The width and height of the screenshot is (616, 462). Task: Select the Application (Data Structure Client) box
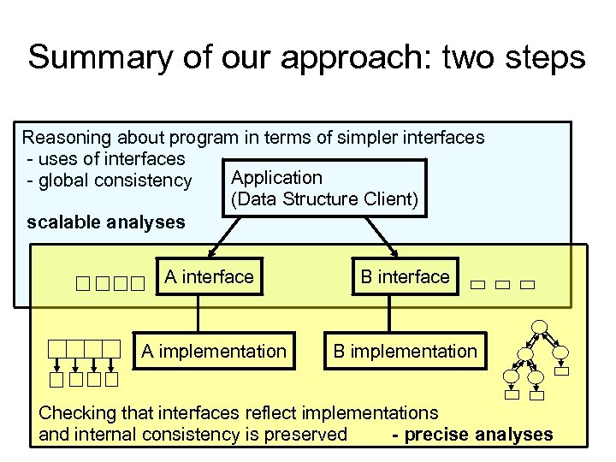[x=324, y=188]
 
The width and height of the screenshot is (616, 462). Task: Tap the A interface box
[x=210, y=277]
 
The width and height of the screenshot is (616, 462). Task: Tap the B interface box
[x=404, y=277]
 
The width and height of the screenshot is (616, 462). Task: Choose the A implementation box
[x=214, y=352]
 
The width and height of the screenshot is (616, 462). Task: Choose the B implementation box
[x=405, y=352]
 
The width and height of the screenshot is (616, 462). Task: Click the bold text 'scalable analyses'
[x=106, y=223]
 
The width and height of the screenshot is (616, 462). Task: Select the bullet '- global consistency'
[x=110, y=181]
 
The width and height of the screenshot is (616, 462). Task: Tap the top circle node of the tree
[x=539, y=327]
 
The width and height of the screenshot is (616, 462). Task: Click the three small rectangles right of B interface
[x=502, y=284]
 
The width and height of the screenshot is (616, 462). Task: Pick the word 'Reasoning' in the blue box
[x=64, y=138]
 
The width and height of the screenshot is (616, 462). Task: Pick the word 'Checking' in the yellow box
[x=77, y=413]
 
